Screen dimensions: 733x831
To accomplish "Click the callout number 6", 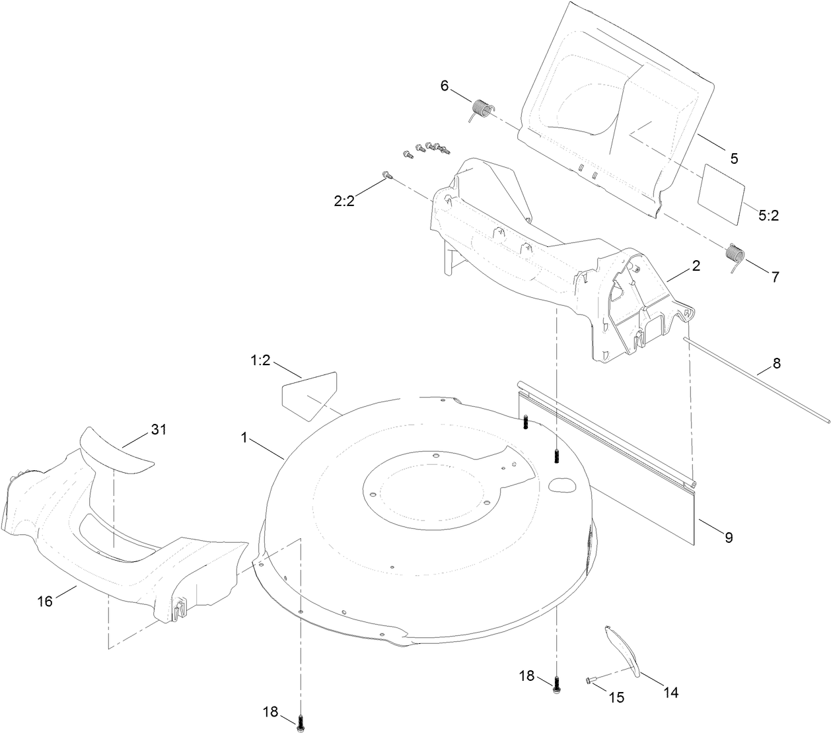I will [444, 85].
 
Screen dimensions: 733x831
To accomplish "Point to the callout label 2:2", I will [343, 201].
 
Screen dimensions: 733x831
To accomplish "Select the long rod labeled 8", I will [753, 382].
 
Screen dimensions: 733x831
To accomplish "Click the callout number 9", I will [729, 538].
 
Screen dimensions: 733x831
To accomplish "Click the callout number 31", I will [159, 429].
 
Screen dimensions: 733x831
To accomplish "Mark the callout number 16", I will [45, 600].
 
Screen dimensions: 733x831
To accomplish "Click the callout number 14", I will [670, 693].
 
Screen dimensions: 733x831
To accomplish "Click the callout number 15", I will [616, 697].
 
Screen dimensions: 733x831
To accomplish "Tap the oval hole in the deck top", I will [563, 484].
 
